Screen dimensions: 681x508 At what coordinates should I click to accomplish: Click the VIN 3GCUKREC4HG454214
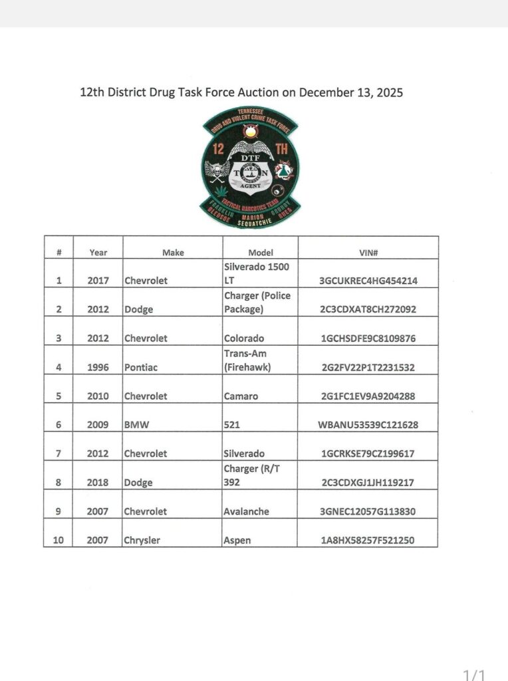[368, 281]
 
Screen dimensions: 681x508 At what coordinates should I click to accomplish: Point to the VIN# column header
[368, 253]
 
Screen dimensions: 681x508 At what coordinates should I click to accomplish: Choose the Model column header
[261, 253]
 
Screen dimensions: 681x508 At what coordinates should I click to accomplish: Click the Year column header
[98, 253]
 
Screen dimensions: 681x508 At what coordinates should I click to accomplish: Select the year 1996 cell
[98, 367]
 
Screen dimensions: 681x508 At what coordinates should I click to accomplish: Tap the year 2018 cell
[98, 483]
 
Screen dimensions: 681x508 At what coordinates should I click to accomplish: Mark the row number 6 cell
[59, 425]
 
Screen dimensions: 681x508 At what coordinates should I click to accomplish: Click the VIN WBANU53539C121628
[368, 425]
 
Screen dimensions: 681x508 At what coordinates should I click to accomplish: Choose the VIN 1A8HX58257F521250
[368, 540]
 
